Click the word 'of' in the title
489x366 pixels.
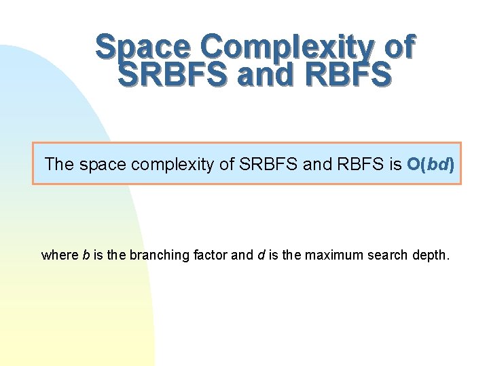[x=399, y=47]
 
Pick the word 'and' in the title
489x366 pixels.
[x=266, y=74]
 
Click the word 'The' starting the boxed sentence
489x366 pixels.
[x=59, y=164]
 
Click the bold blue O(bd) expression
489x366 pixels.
[x=431, y=164]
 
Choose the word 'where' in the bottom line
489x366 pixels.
[x=60, y=256]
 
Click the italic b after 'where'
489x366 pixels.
[x=86, y=256]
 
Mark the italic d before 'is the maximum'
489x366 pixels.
[x=259, y=256]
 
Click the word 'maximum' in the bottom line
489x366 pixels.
[x=329, y=256]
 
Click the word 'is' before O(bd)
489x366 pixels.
[x=396, y=164]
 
